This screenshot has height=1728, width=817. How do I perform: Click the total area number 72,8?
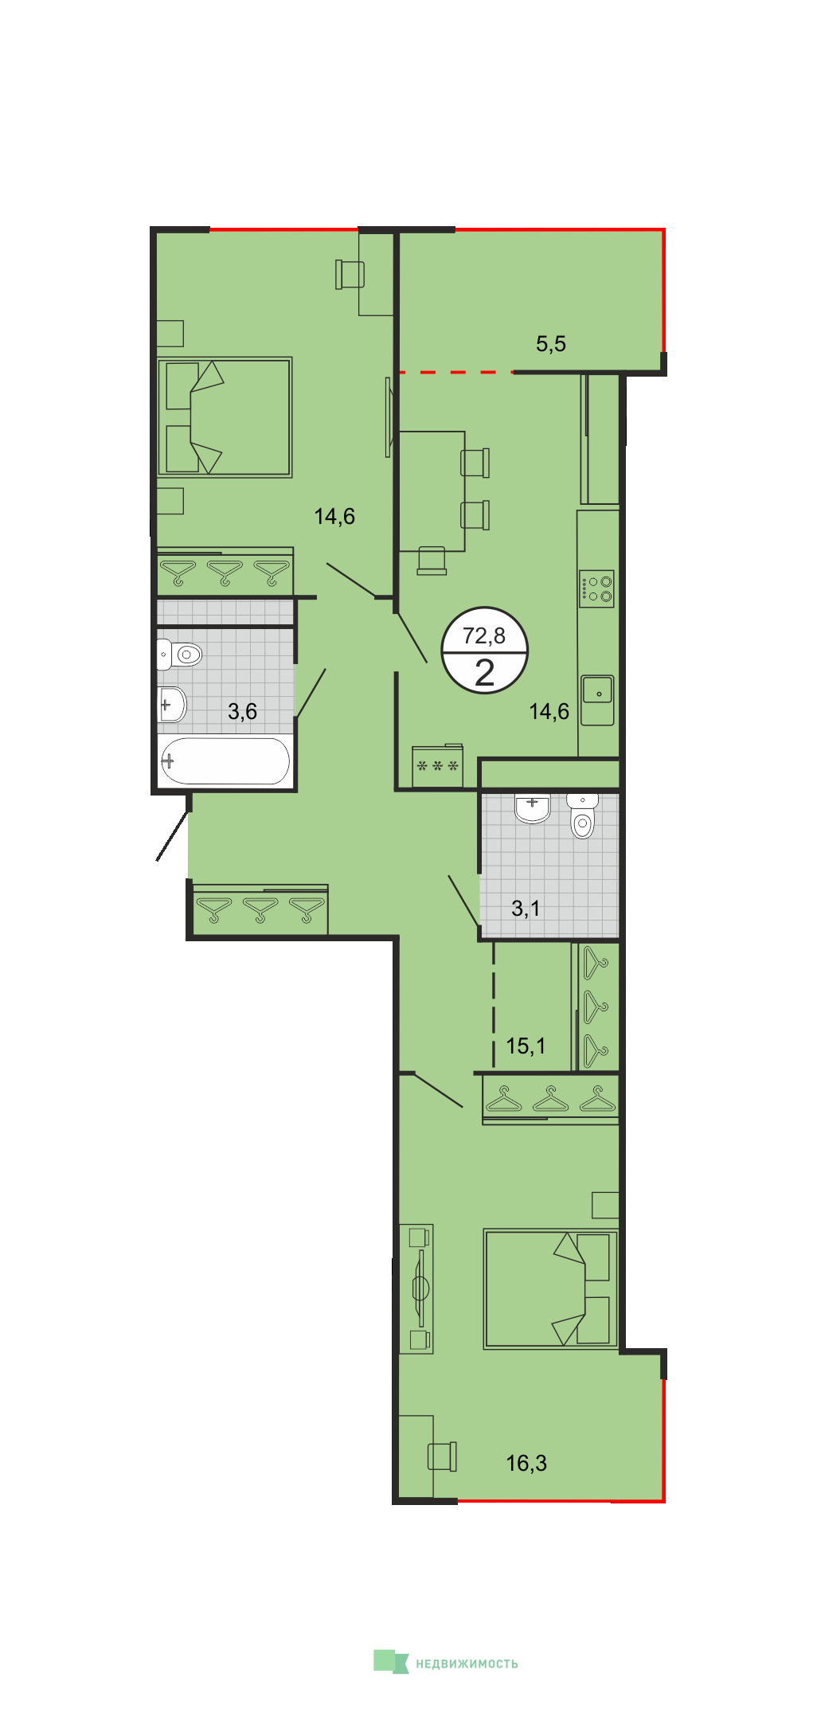coord(484,635)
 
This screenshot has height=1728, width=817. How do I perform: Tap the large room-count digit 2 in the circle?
coord(484,673)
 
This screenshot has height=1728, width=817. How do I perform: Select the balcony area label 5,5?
coord(551,344)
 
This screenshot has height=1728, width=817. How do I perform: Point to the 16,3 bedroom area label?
coord(526,1463)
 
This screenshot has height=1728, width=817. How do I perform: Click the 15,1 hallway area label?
coord(526,1046)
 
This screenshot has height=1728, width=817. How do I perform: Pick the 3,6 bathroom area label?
coord(243,711)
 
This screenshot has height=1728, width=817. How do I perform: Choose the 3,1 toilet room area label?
coord(526,908)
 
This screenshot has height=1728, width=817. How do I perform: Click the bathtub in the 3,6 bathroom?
coord(225,761)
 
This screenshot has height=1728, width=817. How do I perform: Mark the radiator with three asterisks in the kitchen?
coord(437,765)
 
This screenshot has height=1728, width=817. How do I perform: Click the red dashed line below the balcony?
coord(455,372)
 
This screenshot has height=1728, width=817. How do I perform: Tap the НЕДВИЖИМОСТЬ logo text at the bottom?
coord(467,1663)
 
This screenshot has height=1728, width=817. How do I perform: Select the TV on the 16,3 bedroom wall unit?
coord(420,1288)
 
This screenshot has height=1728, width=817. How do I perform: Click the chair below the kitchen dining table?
coord(432,560)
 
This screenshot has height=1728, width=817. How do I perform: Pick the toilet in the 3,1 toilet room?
coord(583,815)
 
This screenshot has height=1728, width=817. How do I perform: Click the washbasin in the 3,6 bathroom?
coord(172,705)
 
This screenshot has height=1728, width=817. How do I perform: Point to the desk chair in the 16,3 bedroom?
coord(443,1456)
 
